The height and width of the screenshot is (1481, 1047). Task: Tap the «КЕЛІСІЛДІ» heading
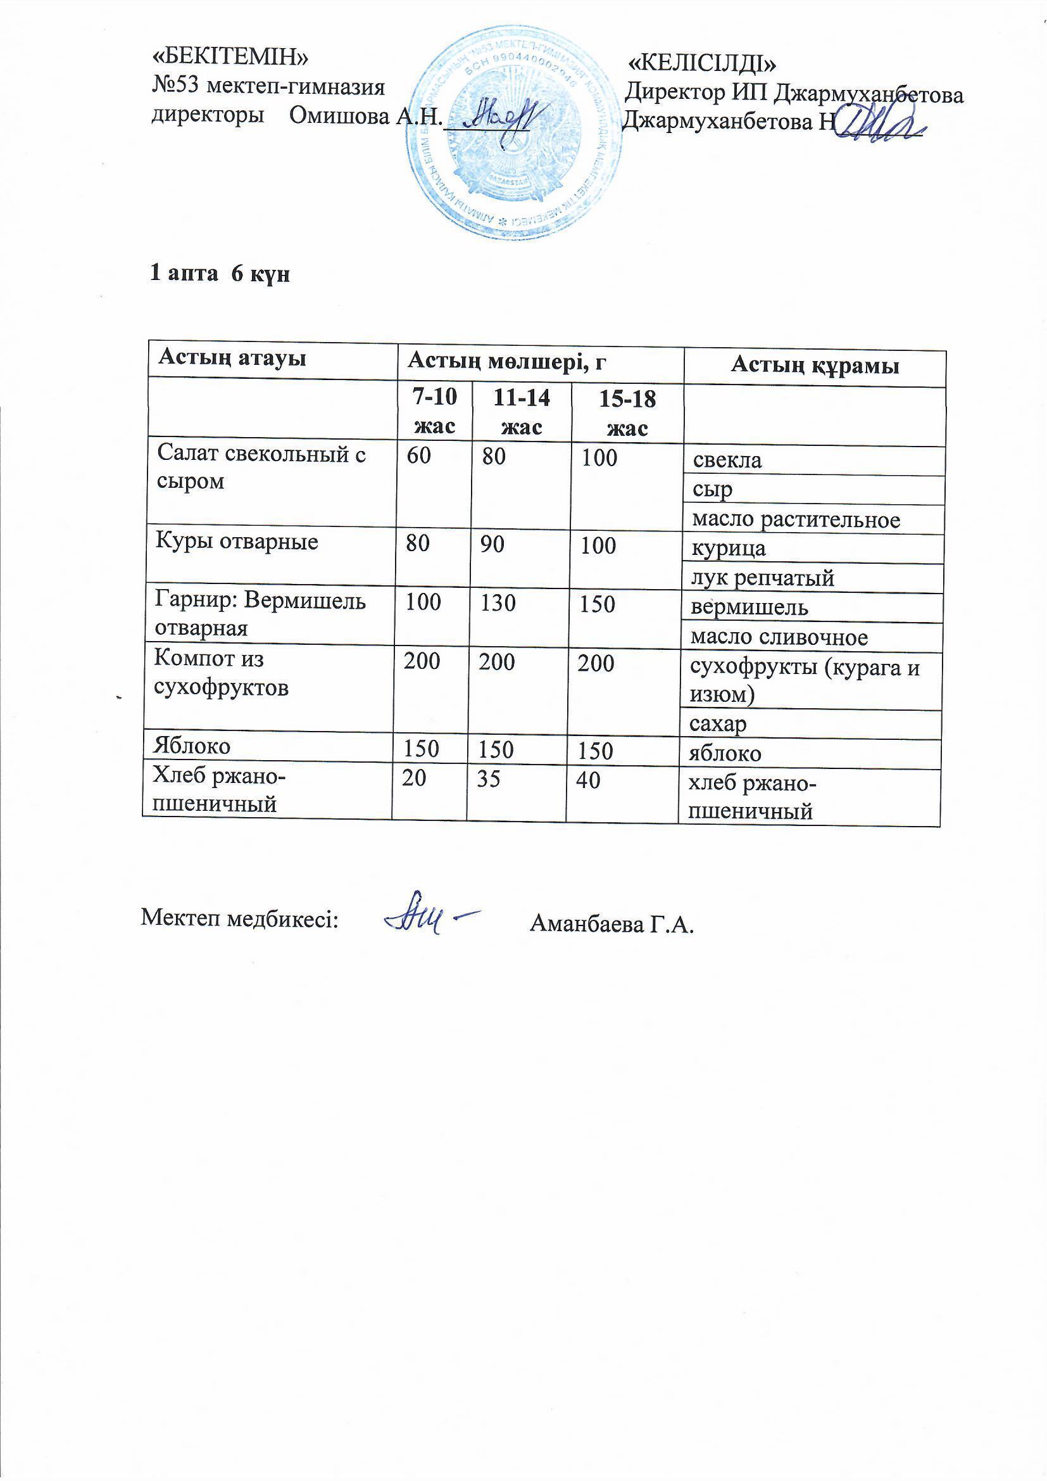(702, 63)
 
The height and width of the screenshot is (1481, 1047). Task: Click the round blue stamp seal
(515, 133)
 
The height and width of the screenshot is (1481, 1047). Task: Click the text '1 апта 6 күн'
(220, 274)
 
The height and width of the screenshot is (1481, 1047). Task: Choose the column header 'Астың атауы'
(232, 358)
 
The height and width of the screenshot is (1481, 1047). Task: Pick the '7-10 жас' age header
(434, 411)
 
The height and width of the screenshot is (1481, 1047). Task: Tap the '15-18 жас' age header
(627, 414)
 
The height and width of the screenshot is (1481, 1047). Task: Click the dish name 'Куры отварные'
(237, 542)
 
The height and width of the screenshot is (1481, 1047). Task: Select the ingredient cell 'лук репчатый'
(762, 578)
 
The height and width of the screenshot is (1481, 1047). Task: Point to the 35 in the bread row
(489, 780)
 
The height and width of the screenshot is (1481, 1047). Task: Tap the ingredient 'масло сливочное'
(779, 637)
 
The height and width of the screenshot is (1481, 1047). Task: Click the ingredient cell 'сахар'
(718, 725)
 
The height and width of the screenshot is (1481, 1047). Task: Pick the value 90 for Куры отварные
(492, 545)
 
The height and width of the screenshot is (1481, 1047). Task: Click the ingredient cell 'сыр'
(712, 490)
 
